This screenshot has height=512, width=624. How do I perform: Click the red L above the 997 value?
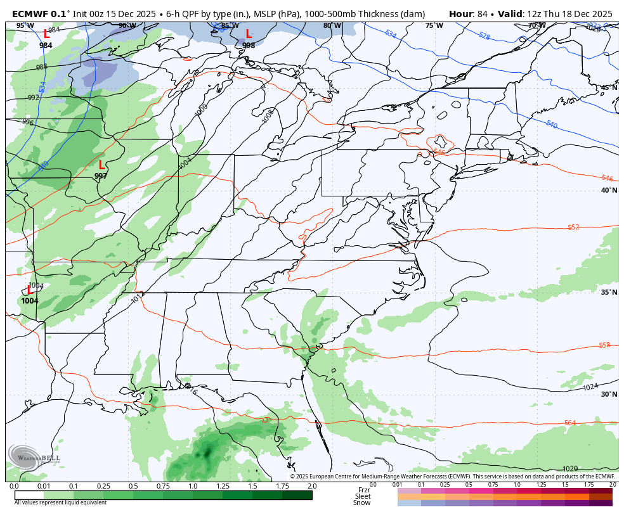[101, 165]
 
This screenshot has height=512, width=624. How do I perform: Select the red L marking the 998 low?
[249, 34]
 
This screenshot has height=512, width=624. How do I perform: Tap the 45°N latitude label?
[609, 88]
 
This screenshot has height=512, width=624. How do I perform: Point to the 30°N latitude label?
[609, 394]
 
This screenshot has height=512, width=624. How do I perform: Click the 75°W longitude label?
[434, 25]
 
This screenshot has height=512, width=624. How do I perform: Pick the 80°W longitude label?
[332, 25]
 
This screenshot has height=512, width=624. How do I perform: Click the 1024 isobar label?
[590, 387]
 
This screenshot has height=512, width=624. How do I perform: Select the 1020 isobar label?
[570, 469]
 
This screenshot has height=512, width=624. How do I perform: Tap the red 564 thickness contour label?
[570, 423]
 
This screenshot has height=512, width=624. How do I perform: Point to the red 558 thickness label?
[604, 345]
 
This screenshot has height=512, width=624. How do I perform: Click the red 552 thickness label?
[573, 227]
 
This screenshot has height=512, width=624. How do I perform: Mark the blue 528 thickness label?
[484, 36]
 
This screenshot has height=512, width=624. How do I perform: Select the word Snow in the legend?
[362, 502]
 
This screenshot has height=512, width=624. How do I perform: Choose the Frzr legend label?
[364, 490]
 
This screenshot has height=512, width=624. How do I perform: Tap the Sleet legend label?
[363, 496]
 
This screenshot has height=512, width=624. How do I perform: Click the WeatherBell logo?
[35, 458]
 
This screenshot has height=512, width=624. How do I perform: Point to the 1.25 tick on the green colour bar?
[223, 486]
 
